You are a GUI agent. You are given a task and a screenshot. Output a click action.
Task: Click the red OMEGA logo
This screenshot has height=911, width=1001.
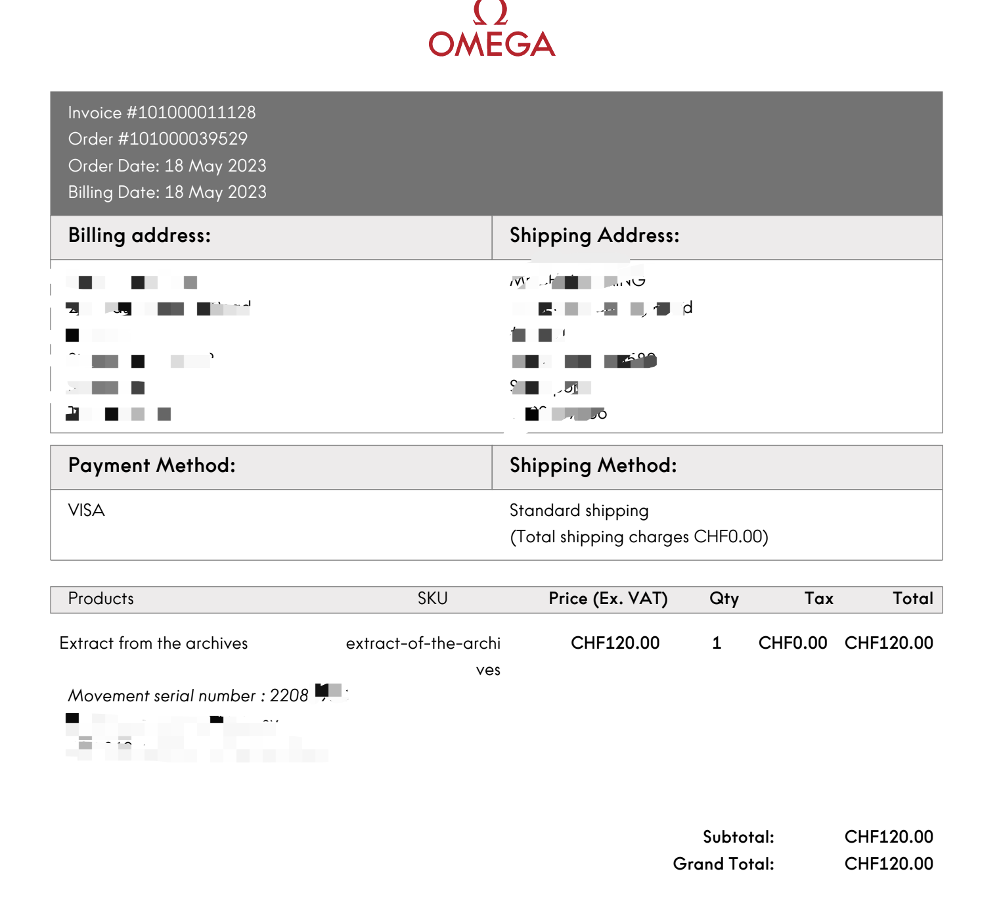491,33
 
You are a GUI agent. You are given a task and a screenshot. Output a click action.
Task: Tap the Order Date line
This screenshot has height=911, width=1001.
167,166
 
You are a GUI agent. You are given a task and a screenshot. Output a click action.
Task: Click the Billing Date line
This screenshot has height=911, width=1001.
167,192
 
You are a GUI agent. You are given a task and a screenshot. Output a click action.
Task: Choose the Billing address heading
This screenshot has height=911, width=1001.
139,235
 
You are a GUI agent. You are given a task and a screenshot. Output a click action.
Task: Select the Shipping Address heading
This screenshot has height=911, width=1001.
594,235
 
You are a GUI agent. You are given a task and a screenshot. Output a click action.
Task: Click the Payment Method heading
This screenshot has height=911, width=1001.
152,465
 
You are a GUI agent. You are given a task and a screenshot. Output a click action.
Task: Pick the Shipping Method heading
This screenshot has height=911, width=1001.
593,465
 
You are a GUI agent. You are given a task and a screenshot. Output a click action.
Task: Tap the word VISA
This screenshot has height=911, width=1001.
86,511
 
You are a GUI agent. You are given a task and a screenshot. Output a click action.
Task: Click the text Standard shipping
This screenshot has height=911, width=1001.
579,511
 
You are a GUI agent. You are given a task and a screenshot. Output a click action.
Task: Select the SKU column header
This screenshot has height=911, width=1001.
432,599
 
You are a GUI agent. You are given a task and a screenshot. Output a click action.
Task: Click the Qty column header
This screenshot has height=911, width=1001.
724,599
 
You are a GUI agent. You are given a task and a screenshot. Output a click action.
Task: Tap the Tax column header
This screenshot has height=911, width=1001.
818,599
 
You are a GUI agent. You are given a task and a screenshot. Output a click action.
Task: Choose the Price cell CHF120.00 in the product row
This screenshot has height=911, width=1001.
615,643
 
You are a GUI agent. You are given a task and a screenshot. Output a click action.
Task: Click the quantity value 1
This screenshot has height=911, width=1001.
717,643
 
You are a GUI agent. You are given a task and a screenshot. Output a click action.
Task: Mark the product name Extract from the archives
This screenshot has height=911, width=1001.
154,643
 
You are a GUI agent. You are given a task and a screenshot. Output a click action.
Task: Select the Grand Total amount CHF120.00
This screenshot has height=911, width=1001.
888,864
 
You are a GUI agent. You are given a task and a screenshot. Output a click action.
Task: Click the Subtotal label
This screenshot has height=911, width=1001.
738,837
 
